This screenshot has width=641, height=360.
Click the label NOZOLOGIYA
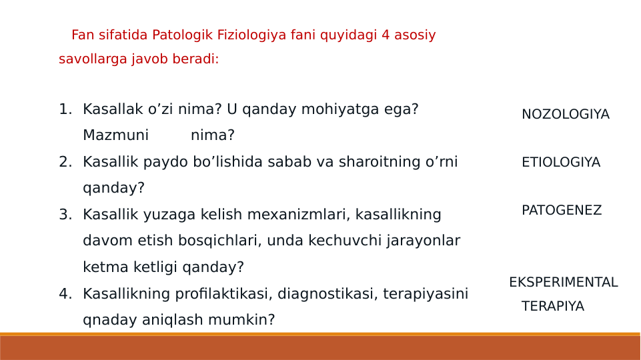coord(565,115)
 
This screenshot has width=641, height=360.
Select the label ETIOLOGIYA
coord(560,163)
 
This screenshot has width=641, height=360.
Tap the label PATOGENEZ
coord(561,211)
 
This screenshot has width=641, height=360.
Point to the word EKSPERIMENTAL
coord(563,283)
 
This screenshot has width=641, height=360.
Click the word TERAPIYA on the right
coord(552,307)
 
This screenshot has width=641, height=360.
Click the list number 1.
coord(65,109)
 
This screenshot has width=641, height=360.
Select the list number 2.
coord(65,162)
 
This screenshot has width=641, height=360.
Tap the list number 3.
coord(65,215)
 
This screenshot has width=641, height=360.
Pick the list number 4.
coord(65,294)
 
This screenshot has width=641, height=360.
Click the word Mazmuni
coord(115,136)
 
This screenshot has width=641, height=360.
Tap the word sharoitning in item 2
coord(385,162)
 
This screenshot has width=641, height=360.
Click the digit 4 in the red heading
coord(386,35)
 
